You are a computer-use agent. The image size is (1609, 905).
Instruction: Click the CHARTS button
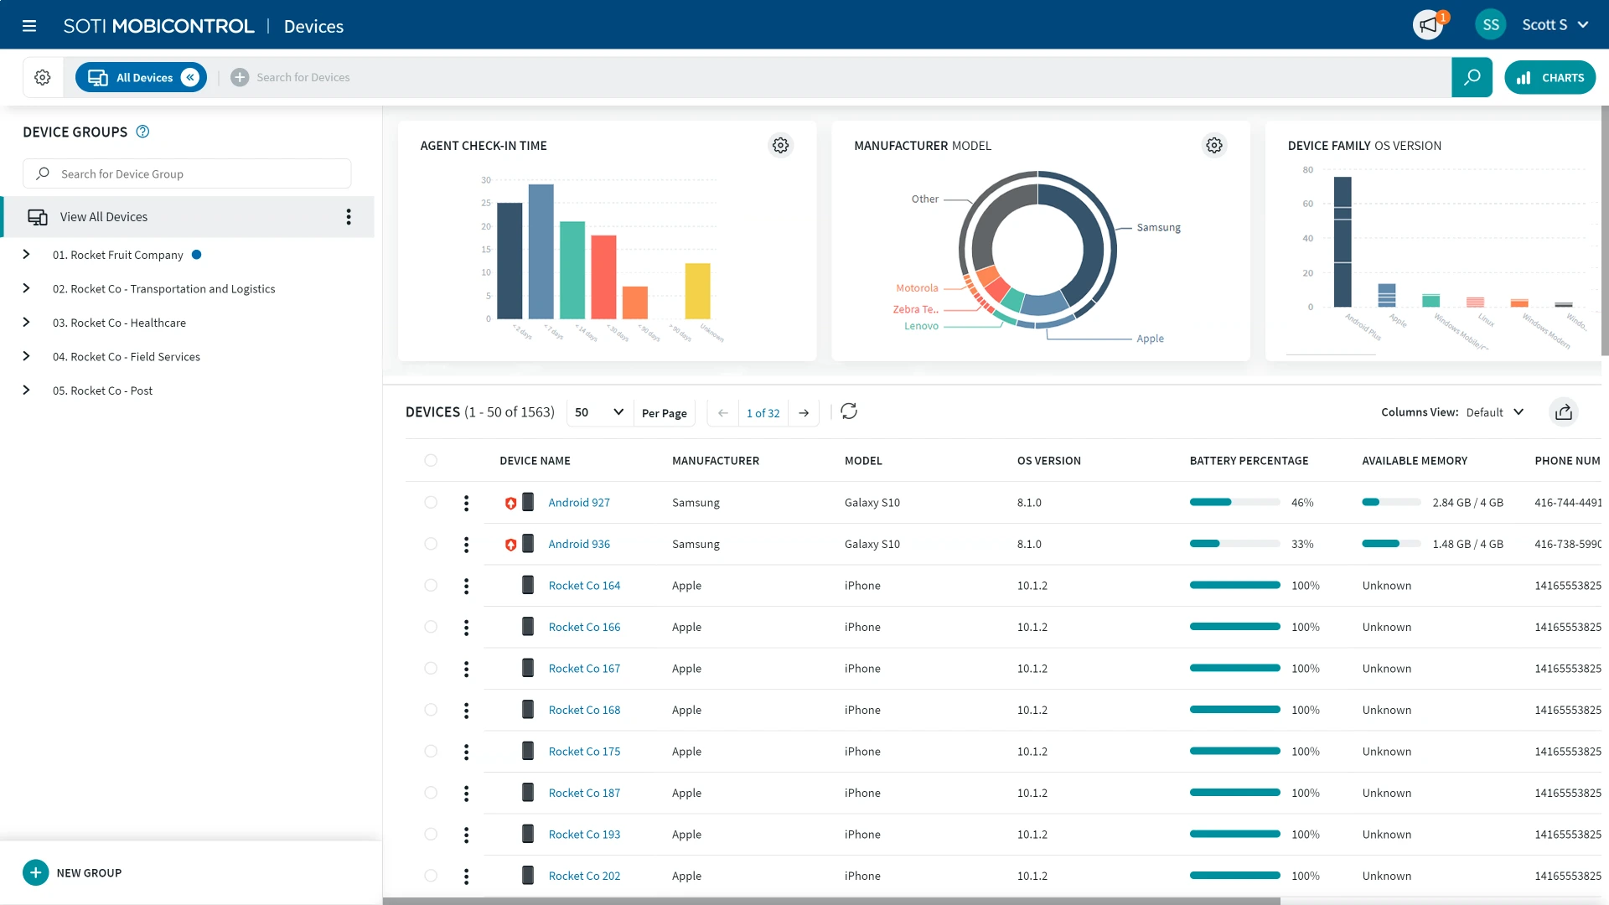pos(1550,78)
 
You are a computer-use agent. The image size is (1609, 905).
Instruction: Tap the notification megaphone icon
pos(1428,25)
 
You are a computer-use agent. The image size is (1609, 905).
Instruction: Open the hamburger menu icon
pos(29,26)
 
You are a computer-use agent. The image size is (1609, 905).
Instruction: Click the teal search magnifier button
pos(1472,78)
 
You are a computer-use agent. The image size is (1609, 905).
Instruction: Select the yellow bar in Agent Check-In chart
pos(697,291)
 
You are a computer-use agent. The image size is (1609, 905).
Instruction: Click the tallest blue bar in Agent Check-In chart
pos(541,251)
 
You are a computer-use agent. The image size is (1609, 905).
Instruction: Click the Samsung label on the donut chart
pos(1158,228)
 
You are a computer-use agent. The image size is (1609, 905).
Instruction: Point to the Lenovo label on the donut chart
pos(921,327)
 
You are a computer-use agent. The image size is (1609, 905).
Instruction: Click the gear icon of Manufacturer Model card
pos(1213,146)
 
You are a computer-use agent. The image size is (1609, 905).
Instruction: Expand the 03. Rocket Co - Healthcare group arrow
pos(26,323)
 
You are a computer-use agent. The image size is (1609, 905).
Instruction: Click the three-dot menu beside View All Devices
pos(349,217)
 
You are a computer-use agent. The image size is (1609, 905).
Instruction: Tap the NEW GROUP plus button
pos(35,872)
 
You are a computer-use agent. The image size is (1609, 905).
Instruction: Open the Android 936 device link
pos(579,545)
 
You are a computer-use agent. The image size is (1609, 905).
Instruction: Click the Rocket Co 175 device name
pos(584,752)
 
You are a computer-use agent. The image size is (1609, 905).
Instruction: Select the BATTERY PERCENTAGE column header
pos(1249,461)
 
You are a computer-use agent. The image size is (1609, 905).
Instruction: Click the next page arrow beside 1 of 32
pos(804,413)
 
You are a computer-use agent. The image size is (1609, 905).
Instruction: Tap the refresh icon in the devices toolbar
pos(849,411)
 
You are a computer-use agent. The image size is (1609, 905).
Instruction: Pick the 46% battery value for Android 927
pos(1302,503)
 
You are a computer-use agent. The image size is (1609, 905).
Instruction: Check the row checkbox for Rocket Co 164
pos(431,586)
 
